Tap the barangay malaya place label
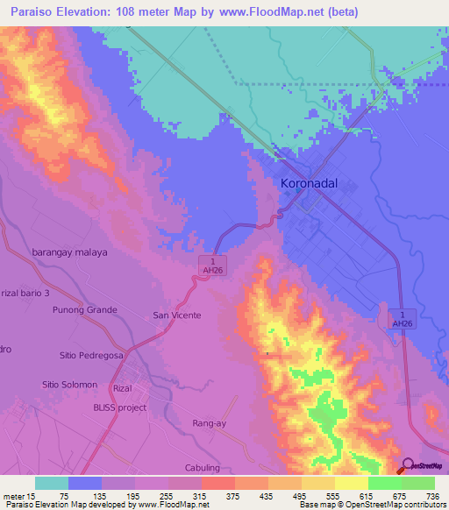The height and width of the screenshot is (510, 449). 69,251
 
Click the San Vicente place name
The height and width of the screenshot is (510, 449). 177,315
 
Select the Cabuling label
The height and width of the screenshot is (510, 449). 203,468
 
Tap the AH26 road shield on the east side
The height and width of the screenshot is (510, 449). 401,318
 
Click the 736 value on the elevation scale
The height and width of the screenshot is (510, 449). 432,497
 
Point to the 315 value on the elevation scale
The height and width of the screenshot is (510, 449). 217,497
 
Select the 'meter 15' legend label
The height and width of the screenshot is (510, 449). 18,497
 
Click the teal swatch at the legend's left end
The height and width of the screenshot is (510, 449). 52,483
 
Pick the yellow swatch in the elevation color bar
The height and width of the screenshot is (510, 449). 351,483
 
